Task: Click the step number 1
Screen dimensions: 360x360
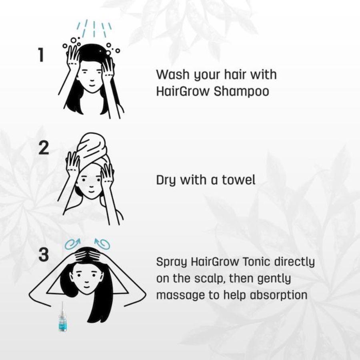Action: click(41, 55)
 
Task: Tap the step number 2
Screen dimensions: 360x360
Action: click(44, 148)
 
